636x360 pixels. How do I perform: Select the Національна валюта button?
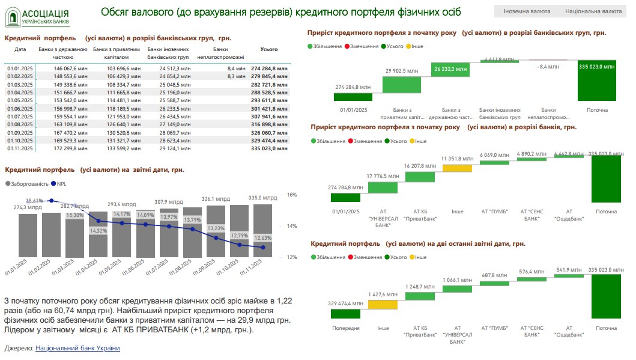(x=593, y=11)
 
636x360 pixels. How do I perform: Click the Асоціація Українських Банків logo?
(x=38, y=17)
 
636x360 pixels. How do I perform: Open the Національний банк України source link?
(x=78, y=348)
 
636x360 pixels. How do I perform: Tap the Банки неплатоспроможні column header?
(x=228, y=53)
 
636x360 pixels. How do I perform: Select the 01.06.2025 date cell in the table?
(x=20, y=108)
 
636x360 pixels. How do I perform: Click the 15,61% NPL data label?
(x=34, y=201)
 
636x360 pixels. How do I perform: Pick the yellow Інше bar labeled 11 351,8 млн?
(x=458, y=165)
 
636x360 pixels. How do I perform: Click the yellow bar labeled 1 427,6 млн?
(x=383, y=305)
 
